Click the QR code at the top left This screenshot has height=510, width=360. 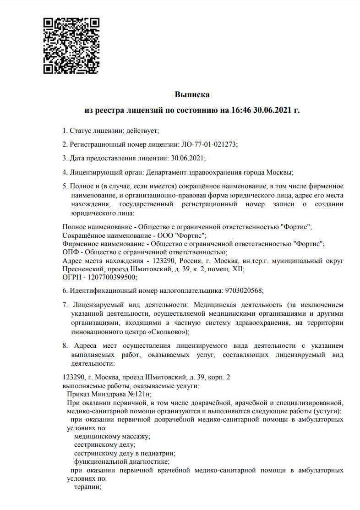(x=71, y=46)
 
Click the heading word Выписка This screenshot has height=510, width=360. (x=192, y=95)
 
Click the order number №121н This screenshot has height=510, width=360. (x=138, y=394)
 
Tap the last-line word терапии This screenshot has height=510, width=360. (x=87, y=487)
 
